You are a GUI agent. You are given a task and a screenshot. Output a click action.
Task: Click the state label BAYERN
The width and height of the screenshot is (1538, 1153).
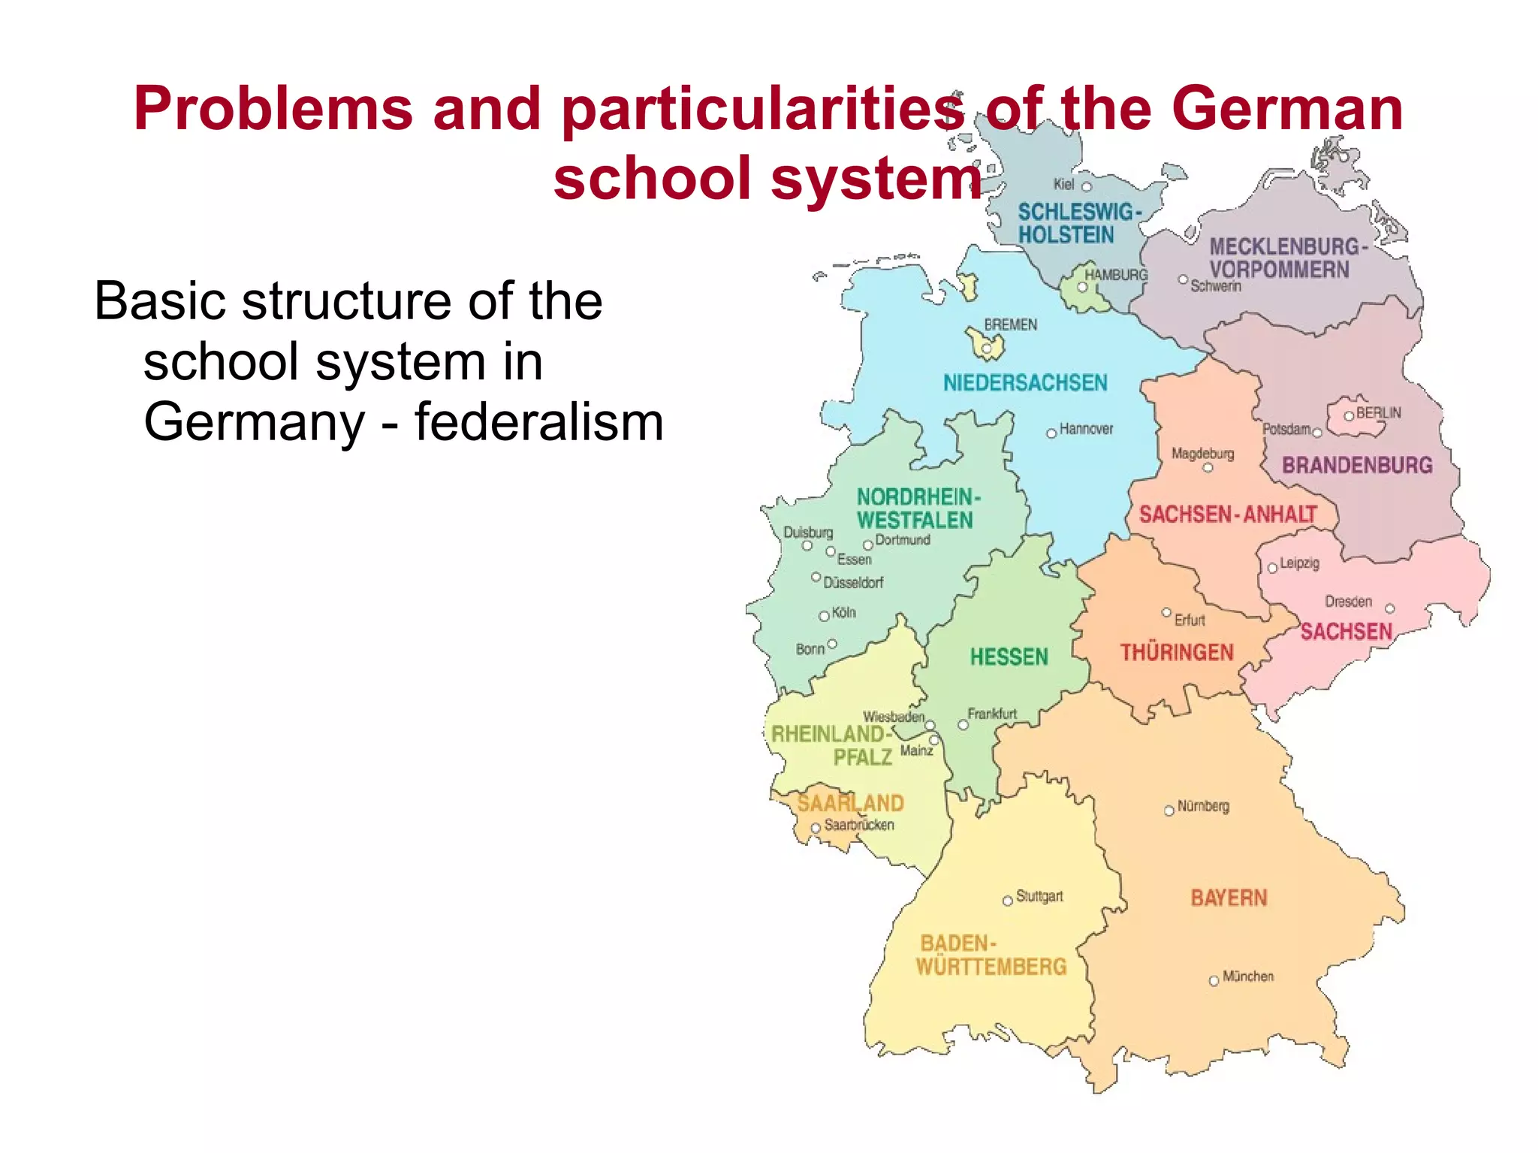coord(1229,898)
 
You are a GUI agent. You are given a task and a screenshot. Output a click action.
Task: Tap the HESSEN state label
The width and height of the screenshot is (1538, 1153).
coord(1009,657)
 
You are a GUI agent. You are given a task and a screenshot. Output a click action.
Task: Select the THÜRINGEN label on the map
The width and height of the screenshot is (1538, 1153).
coord(1177,652)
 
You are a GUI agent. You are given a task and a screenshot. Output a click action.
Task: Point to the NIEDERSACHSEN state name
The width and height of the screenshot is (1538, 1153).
coord(1025,383)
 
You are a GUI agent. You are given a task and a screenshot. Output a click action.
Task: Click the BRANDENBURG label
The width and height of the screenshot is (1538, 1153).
coord(1357,466)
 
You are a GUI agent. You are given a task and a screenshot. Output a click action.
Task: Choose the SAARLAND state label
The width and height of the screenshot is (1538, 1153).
coord(850,803)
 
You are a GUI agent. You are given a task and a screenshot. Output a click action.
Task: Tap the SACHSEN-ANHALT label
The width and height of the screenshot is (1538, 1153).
coord(1228,515)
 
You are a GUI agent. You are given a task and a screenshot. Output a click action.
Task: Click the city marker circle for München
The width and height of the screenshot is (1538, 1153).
coord(1214,981)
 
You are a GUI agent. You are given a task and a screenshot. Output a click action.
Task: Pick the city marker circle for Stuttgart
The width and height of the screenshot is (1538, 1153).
coord(1008,901)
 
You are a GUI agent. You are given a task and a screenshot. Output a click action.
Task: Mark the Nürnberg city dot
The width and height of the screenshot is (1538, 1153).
coord(1169,810)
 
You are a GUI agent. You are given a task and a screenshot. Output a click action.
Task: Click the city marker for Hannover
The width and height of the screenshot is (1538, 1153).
coord(1051,433)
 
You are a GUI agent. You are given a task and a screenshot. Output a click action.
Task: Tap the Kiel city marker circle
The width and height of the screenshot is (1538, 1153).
coord(1086,186)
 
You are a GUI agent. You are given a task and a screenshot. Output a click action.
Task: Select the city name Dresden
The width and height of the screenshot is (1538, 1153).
coord(1348,602)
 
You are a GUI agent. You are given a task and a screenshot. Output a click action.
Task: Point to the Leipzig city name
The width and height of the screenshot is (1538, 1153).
coord(1299,563)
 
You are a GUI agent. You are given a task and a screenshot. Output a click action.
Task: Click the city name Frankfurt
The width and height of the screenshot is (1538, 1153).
coord(992,714)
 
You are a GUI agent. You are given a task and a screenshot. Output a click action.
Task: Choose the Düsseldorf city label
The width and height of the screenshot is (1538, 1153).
coord(853,582)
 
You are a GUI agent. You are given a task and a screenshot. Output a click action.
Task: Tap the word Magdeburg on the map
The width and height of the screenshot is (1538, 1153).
coord(1202,454)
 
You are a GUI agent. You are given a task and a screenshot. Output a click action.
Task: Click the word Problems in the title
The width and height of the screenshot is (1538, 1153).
coord(273,109)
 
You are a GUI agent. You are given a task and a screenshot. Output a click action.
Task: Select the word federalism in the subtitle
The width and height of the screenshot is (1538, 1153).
coord(538,422)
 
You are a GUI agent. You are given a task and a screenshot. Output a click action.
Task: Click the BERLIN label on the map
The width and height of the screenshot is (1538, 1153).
coord(1378,413)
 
